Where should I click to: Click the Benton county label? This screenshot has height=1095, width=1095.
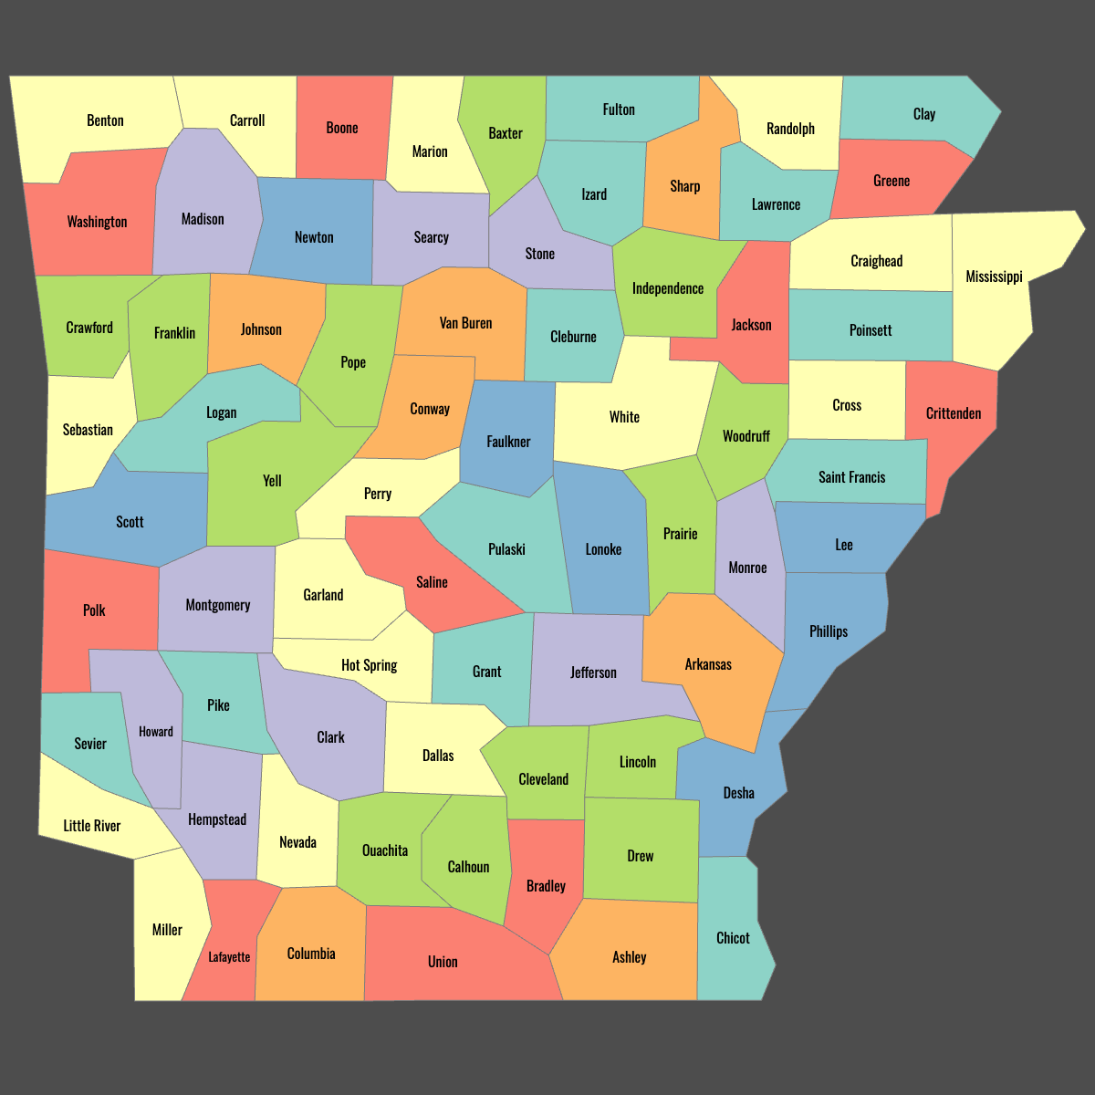pyautogui.click(x=105, y=120)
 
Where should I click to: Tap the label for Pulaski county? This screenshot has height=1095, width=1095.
pyautogui.click(x=506, y=549)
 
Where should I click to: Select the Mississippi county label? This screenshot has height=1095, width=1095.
pyautogui.click(x=994, y=276)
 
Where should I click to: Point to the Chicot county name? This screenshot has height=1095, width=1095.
pyautogui.click(x=733, y=938)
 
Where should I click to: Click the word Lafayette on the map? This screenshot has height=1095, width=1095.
pyautogui.click(x=229, y=957)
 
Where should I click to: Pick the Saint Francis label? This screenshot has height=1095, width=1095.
pyautogui.click(x=851, y=477)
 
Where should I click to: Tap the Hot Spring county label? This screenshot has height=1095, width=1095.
pyautogui.click(x=369, y=665)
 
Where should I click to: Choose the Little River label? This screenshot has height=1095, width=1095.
pyautogui.click(x=91, y=826)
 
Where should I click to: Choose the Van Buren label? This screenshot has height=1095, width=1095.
pyautogui.click(x=465, y=323)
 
